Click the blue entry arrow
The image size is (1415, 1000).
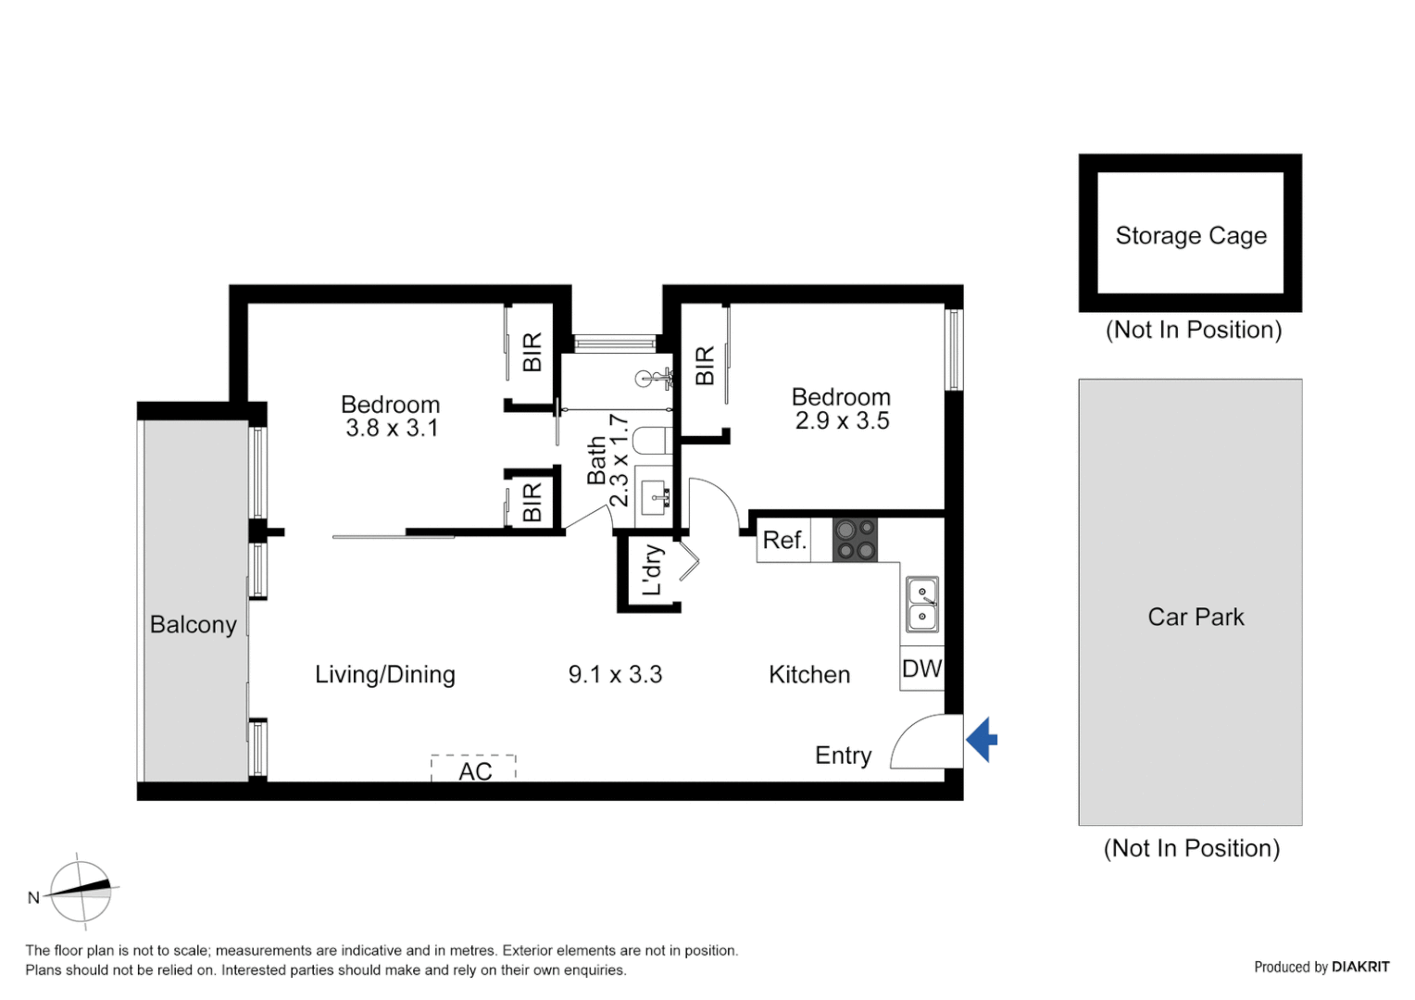point(983,740)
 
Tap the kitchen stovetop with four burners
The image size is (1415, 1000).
point(855,540)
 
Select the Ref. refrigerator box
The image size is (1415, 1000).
point(783,540)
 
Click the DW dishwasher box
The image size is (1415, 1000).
point(921,669)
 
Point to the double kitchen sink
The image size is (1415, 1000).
point(921,604)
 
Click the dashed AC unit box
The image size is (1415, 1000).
point(473,769)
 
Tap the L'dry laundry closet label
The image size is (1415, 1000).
point(652,569)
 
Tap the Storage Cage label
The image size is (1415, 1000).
point(1190,236)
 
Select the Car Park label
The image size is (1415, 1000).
point(1195,617)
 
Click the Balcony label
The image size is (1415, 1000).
point(193,625)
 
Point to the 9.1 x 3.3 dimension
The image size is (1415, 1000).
point(615,674)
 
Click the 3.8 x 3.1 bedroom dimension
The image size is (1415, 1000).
point(391,428)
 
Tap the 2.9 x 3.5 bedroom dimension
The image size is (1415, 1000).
point(842,420)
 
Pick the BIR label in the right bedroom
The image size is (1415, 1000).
point(705,365)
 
